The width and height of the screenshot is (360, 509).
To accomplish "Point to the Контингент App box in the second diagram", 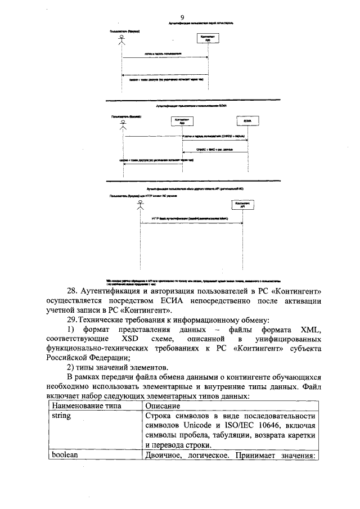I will (x=182, y=121).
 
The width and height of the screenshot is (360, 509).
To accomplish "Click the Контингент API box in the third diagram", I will (x=242, y=205).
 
